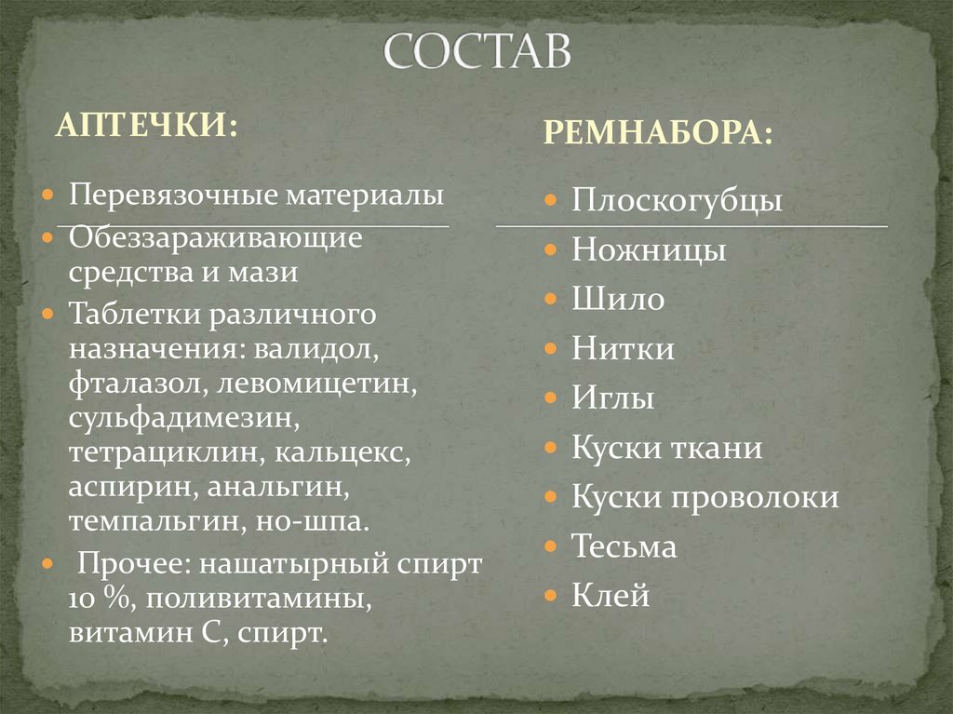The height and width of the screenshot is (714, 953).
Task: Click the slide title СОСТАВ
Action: click(476, 54)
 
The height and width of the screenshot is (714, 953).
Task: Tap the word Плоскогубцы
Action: click(677, 201)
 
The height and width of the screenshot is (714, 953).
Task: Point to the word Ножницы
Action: click(649, 250)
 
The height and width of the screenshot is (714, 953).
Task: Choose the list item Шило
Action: click(618, 300)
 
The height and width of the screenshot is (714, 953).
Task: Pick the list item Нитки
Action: click(623, 349)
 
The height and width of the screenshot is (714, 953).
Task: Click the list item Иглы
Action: click(612, 399)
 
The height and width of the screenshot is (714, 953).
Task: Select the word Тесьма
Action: click(624, 546)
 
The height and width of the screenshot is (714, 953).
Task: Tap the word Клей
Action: click(611, 596)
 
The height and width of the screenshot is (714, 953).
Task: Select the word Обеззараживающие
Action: click(214, 239)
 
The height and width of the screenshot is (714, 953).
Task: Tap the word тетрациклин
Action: click(165, 454)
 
